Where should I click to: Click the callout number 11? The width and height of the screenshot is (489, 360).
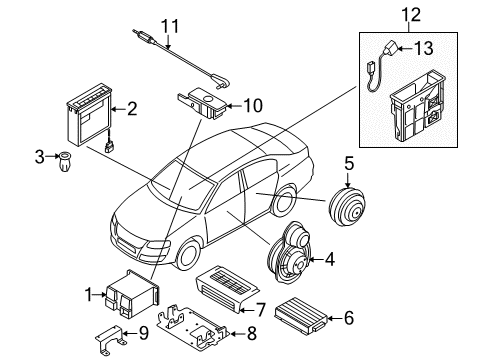tap(170, 26)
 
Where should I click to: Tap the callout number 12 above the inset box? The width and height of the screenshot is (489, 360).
tap(411, 15)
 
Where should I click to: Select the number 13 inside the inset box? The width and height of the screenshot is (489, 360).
tap(424, 48)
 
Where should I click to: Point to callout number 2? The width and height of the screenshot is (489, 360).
tap(132, 109)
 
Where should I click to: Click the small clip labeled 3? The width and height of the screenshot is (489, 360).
tap(64, 161)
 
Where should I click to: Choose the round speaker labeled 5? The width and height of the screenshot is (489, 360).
tap(347, 207)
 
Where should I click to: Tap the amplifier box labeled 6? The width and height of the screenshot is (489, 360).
tap(300, 313)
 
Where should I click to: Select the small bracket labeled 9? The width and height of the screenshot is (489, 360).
tap(109, 338)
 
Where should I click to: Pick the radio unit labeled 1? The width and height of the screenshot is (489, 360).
tap(133, 293)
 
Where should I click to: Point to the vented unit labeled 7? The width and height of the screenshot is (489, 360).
tap(227, 288)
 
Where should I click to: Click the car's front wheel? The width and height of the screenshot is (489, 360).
tap(187, 255)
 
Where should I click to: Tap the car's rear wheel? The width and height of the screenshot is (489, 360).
tap(284, 202)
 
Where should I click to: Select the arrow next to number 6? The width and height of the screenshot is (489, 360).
tap(334, 318)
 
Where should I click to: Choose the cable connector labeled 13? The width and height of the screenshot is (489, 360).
tap(389, 49)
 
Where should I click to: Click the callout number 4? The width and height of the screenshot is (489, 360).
tap(329, 259)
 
